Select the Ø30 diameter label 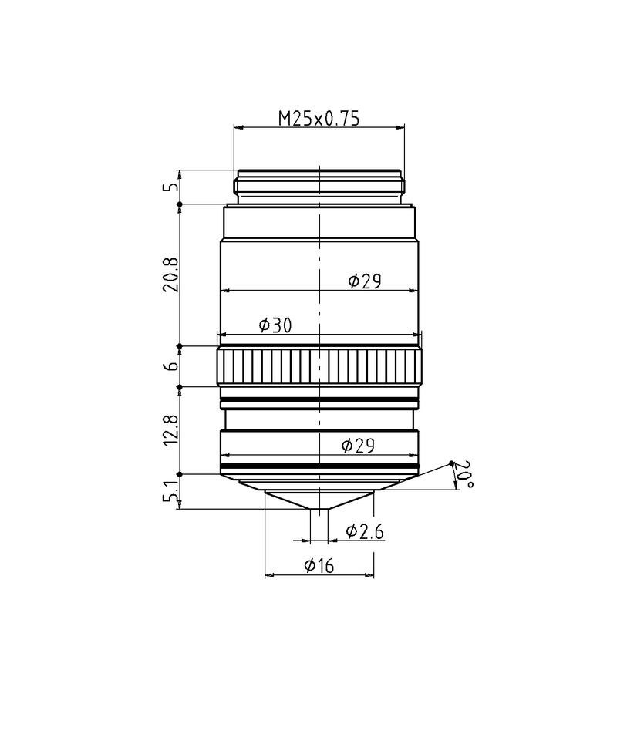click(x=275, y=325)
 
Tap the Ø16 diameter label click(x=319, y=566)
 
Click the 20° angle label click(x=464, y=474)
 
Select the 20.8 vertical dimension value click(x=171, y=275)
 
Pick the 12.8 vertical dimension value click(x=171, y=429)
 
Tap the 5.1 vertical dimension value click(x=171, y=491)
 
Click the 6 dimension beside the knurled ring click(x=171, y=366)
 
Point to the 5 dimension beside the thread click(x=171, y=187)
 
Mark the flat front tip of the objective click(x=319, y=508)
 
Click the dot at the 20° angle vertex click(x=452, y=463)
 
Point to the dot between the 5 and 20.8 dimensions click(x=180, y=204)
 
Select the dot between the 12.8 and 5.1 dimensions click(x=180, y=474)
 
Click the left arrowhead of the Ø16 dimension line click(x=268, y=575)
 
